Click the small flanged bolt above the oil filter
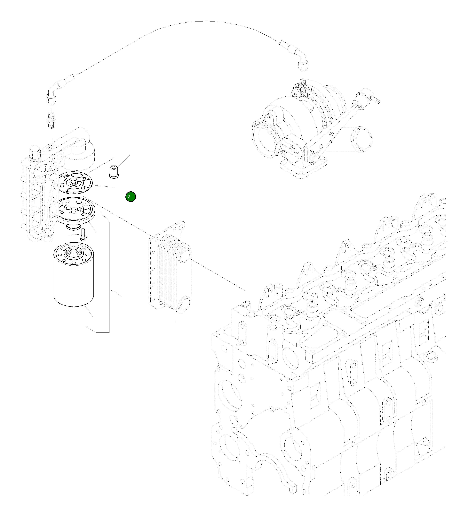83,235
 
